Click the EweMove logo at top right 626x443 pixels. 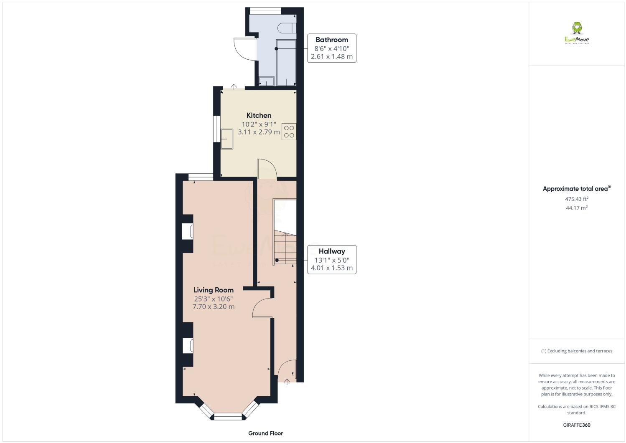click(x=577, y=33)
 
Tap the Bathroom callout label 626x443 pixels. click(x=331, y=40)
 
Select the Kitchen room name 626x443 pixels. click(x=259, y=116)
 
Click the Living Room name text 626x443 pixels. click(x=213, y=290)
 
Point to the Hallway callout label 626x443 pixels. click(x=331, y=251)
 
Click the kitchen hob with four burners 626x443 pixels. click(x=289, y=132)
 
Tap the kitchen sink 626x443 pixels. click(x=227, y=139)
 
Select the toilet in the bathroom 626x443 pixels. click(x=288, y=28)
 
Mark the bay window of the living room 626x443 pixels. click(x=228, y=415)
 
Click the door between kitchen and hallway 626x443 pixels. click(x=267, y=169)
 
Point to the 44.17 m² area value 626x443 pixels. click(x=576, y=208)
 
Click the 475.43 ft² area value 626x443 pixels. click(x=576, y=199)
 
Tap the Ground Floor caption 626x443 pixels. click(x=265, y=433)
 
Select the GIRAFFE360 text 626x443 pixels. click(x=576, y=425)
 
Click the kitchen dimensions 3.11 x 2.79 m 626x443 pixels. click(x=259, y=132)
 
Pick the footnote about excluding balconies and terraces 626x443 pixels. click(x=576, y=351)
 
